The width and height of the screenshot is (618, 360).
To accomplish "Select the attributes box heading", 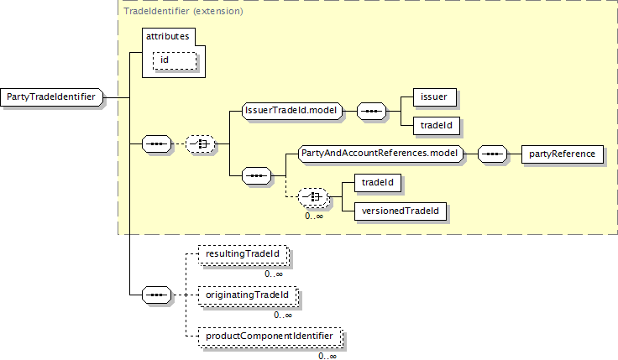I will pos(168,37).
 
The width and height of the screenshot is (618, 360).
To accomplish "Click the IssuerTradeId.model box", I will pos(291,111).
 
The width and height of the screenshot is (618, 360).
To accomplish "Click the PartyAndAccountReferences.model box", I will pos(381,154).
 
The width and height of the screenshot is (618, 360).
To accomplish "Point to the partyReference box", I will pos(562,154).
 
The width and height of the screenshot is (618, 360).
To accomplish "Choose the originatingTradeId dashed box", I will pos(246,295).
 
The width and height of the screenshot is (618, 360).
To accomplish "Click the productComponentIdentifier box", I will pos(270,337).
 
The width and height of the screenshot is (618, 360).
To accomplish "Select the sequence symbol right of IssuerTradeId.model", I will pos(371,111).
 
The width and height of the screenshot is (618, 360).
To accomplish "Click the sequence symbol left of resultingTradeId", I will pos(156,295).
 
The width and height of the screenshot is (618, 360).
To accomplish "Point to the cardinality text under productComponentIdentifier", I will pos(327,356).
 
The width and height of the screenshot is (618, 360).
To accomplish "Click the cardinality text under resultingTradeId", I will pos(274,274).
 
